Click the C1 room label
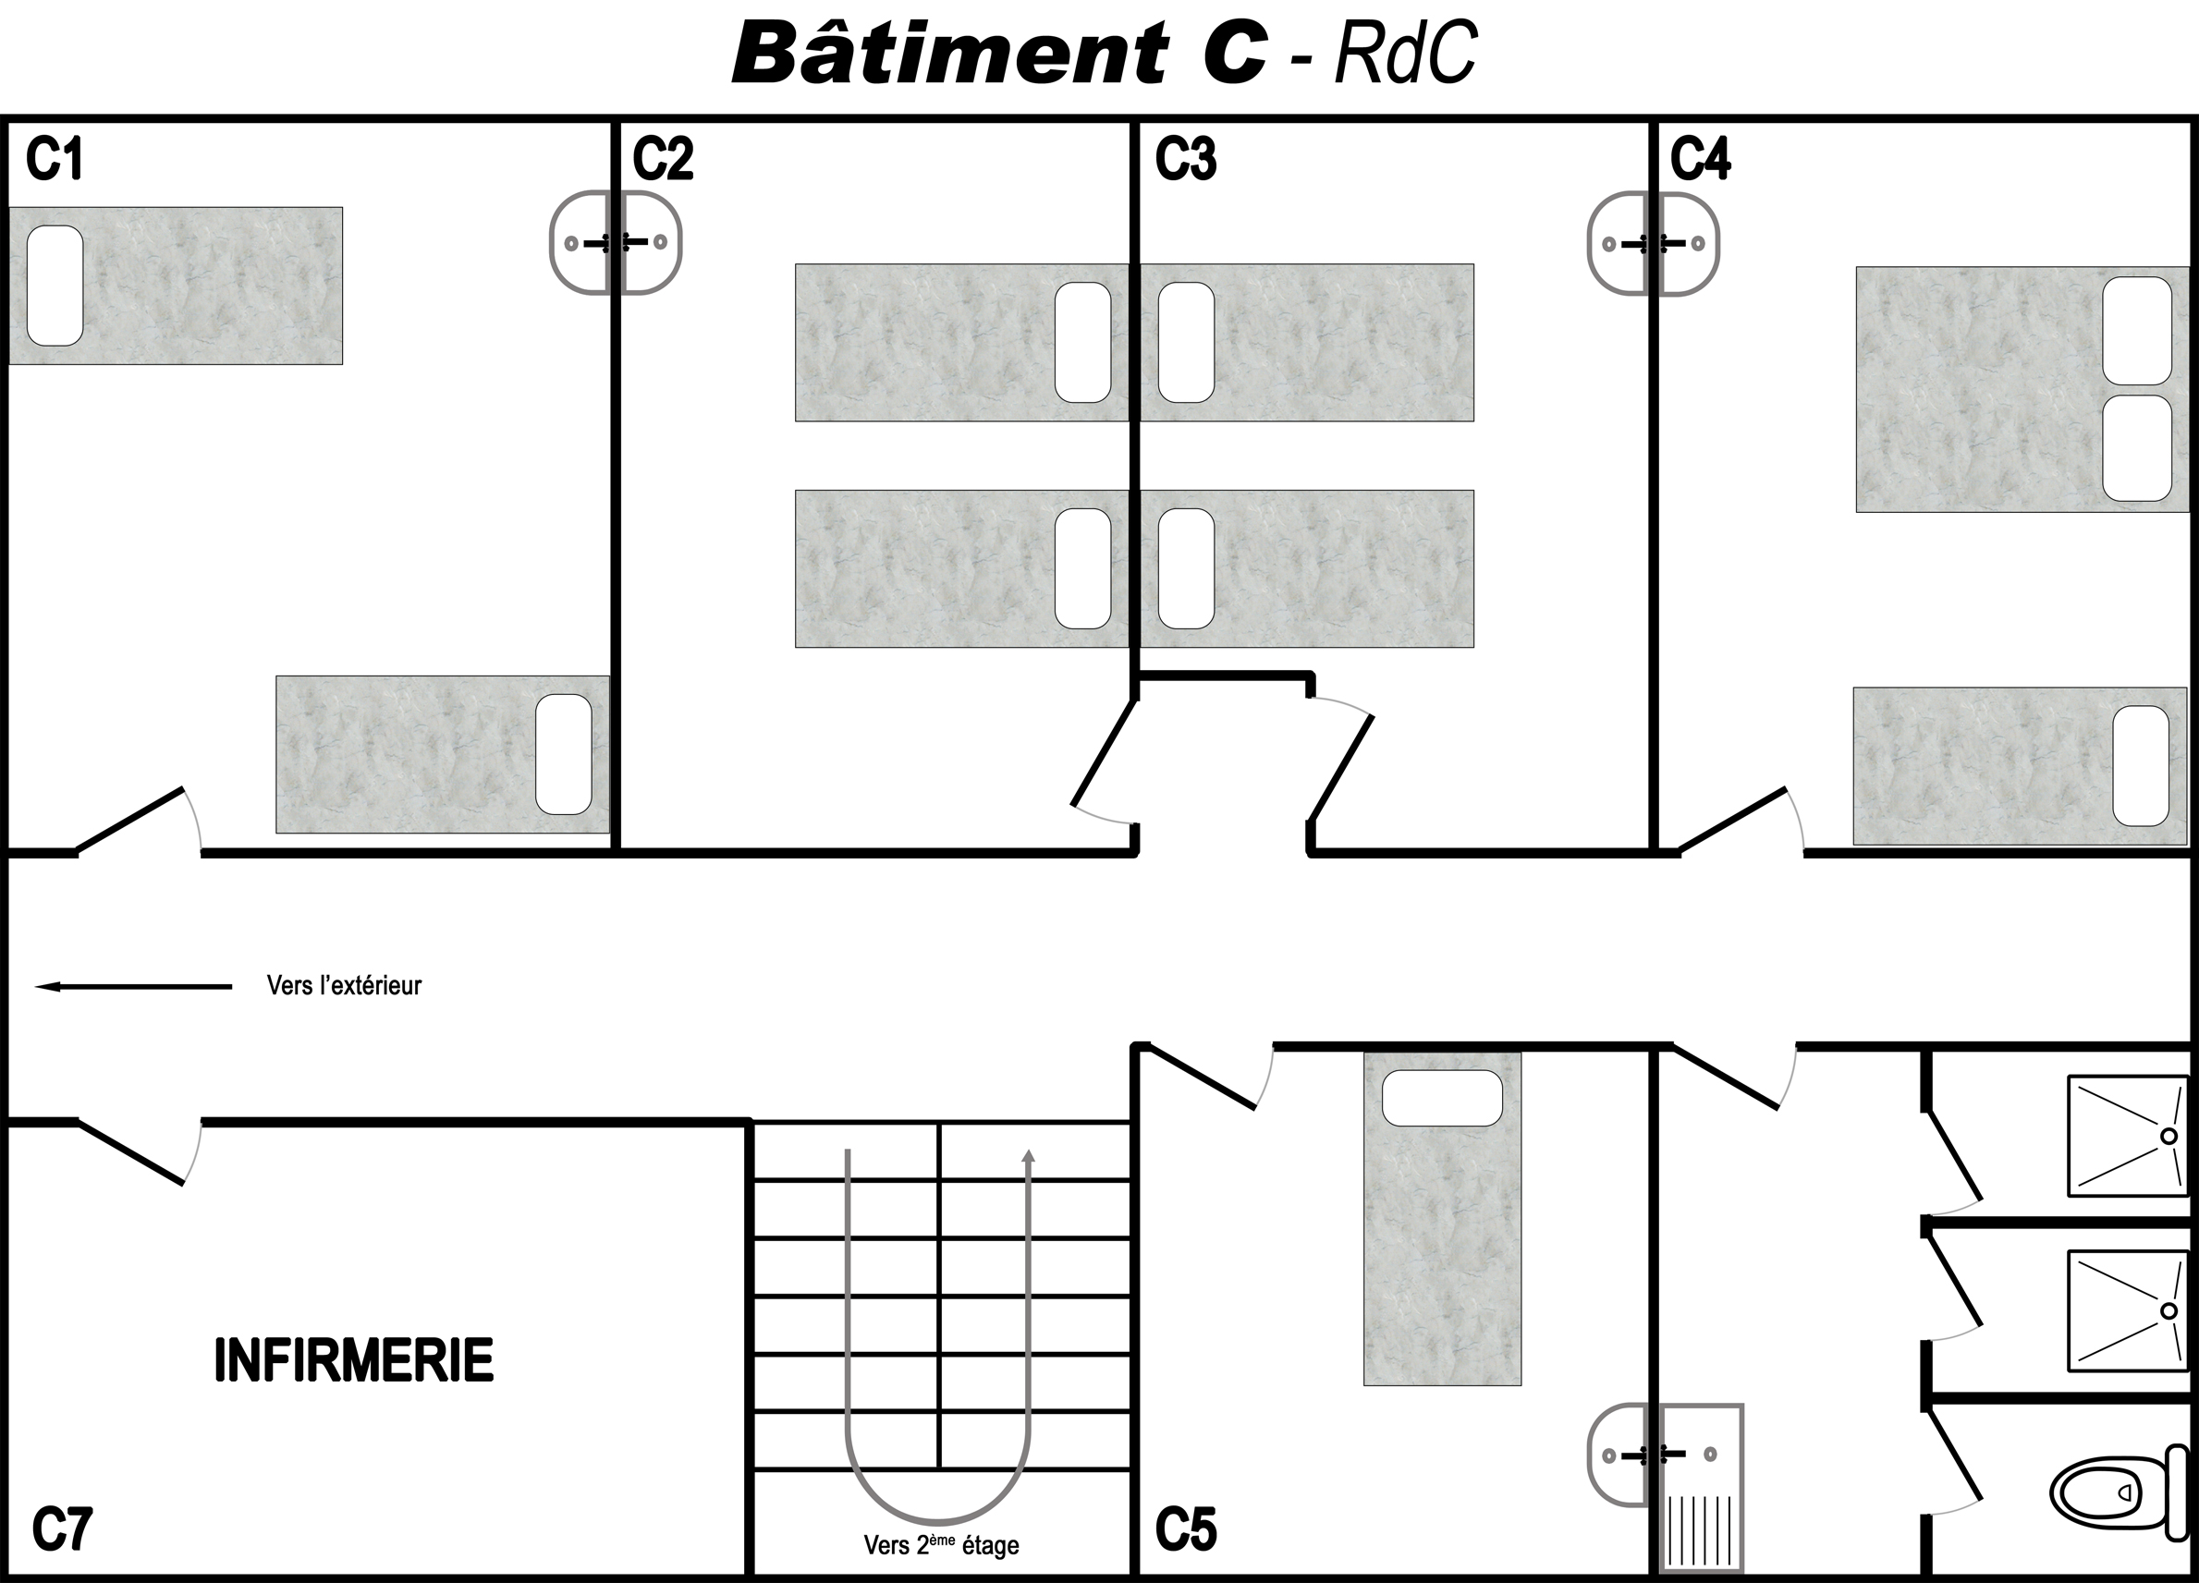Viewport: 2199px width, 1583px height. coord(55,159)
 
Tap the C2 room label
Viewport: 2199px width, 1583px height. coord(663,159)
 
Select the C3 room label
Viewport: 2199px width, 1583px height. coord(1186,159)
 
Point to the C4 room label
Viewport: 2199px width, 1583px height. coord(1700,159)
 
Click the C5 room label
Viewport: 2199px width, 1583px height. coord(1186,1529)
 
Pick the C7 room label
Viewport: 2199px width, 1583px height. coord(62,1529)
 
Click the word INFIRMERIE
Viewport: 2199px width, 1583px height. coord(353,1360)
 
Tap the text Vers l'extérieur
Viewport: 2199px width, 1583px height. coord(344,986)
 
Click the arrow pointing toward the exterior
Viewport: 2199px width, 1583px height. coord(134,987)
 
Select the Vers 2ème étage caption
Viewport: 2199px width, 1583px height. coord(940,1544)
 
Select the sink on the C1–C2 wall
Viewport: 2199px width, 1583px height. coord(616,242)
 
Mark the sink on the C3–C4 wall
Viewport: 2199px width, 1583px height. coord(1653,243)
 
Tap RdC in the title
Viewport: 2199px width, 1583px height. coord(1406,53)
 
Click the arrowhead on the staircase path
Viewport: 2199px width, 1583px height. coord(1029,1155)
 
